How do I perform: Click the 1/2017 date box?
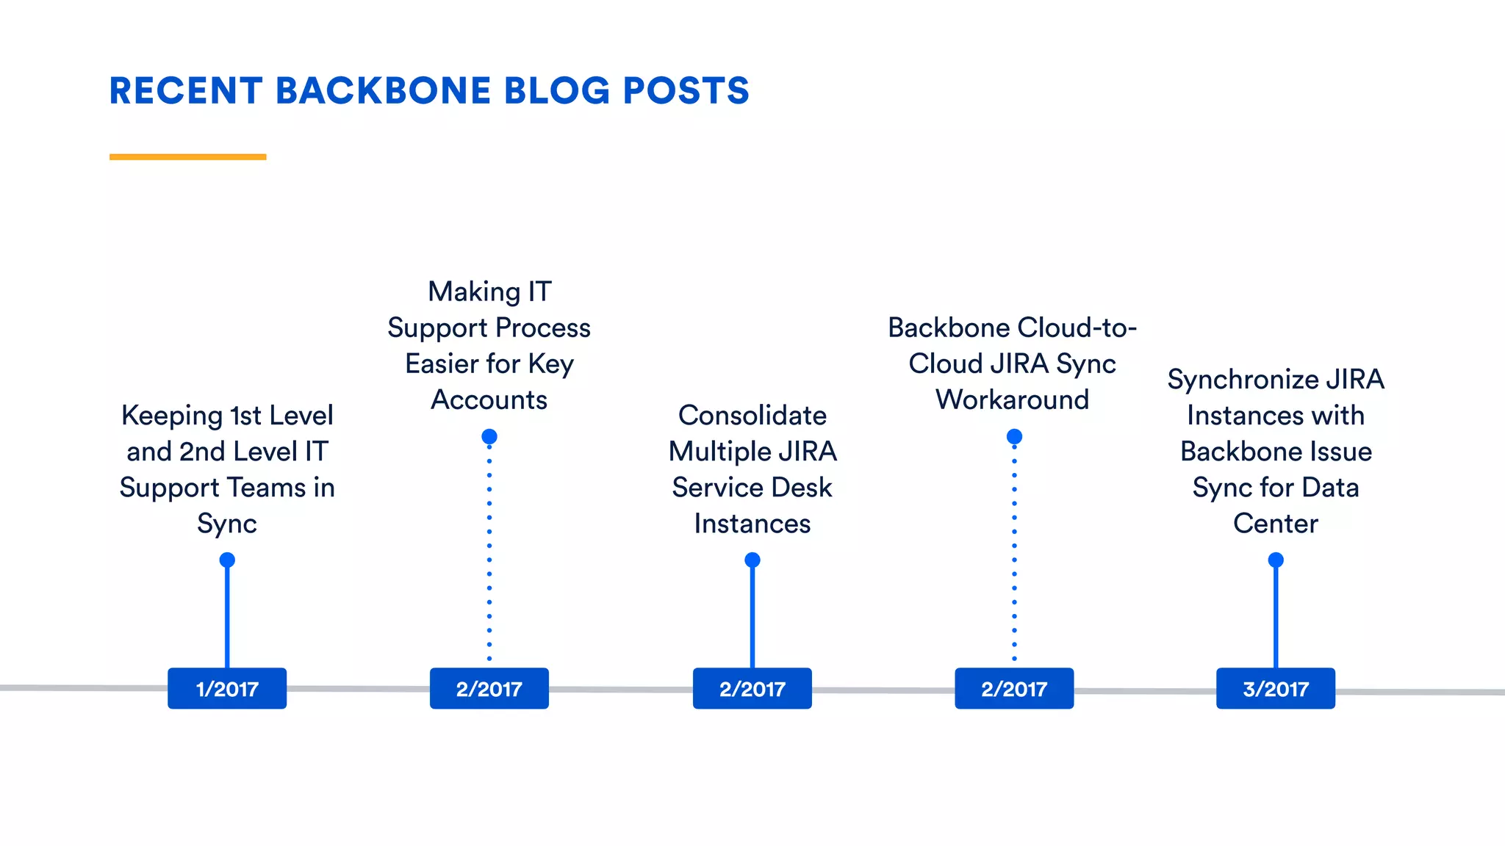point(227,688)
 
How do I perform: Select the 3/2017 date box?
point(1275,688)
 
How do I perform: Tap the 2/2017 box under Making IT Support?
point(489,688)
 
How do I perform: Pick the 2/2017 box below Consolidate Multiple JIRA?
point(752,688)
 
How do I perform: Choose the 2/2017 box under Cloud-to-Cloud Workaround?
point(1013,688)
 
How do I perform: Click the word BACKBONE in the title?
point(383,91)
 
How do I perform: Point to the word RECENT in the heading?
point(186,91)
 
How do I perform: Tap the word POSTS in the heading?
point(686,91)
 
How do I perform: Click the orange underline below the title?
point(187,156)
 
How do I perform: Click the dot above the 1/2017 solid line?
point(227,560)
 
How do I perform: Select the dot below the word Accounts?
point(489,437)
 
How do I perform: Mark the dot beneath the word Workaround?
point(1014,437)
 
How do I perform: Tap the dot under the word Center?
point(1276,560)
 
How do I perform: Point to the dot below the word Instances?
point(752,560)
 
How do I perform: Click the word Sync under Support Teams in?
point(227,524)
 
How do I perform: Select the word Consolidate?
point(752,416)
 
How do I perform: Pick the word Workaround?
point(1012,400)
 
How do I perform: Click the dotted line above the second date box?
point(489,551)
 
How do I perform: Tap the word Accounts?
point(489,400)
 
